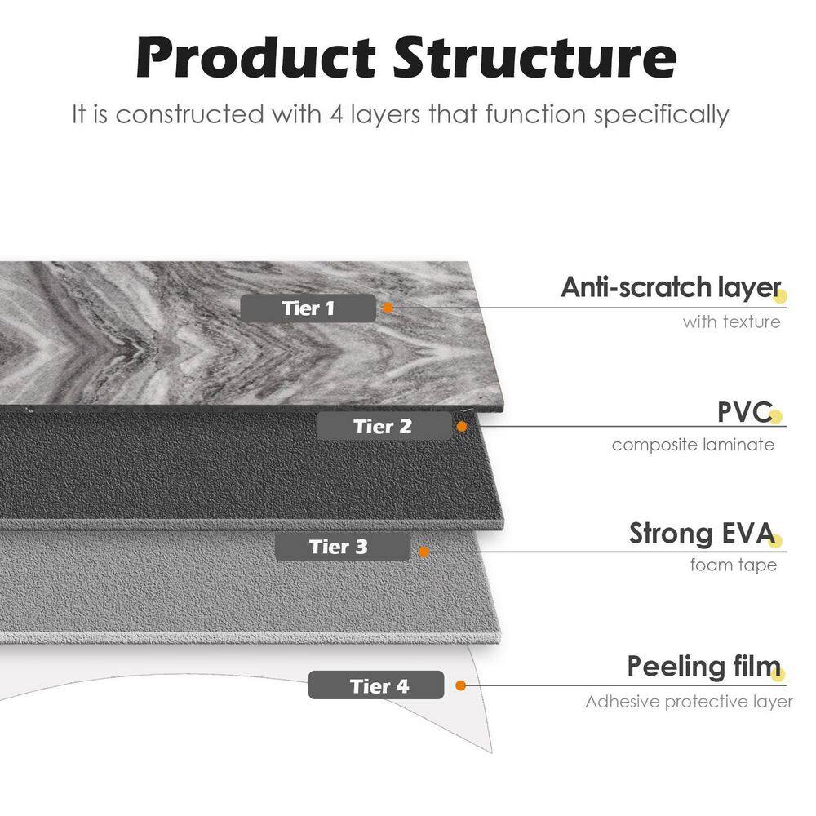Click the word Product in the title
[256, 58]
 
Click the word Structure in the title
[535, 58]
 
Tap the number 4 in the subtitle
[337, 114]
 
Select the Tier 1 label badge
[308, 308]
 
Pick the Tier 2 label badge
[384, 427]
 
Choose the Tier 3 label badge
[343, 547]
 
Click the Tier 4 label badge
[376, 685]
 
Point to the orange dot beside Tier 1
[388, 308]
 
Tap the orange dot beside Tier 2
[462, 427]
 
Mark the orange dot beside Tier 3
[424, 552]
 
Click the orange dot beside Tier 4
[460, 685]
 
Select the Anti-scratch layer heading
[672, 288]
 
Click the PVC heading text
[745, 412]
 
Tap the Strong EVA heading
[703, 534]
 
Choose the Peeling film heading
[704, 667]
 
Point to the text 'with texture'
[732, 322]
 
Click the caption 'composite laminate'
[693, 445]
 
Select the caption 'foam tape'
[734, 565]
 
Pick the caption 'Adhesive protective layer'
[689, 702]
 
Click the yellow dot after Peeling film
[778, 675]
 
